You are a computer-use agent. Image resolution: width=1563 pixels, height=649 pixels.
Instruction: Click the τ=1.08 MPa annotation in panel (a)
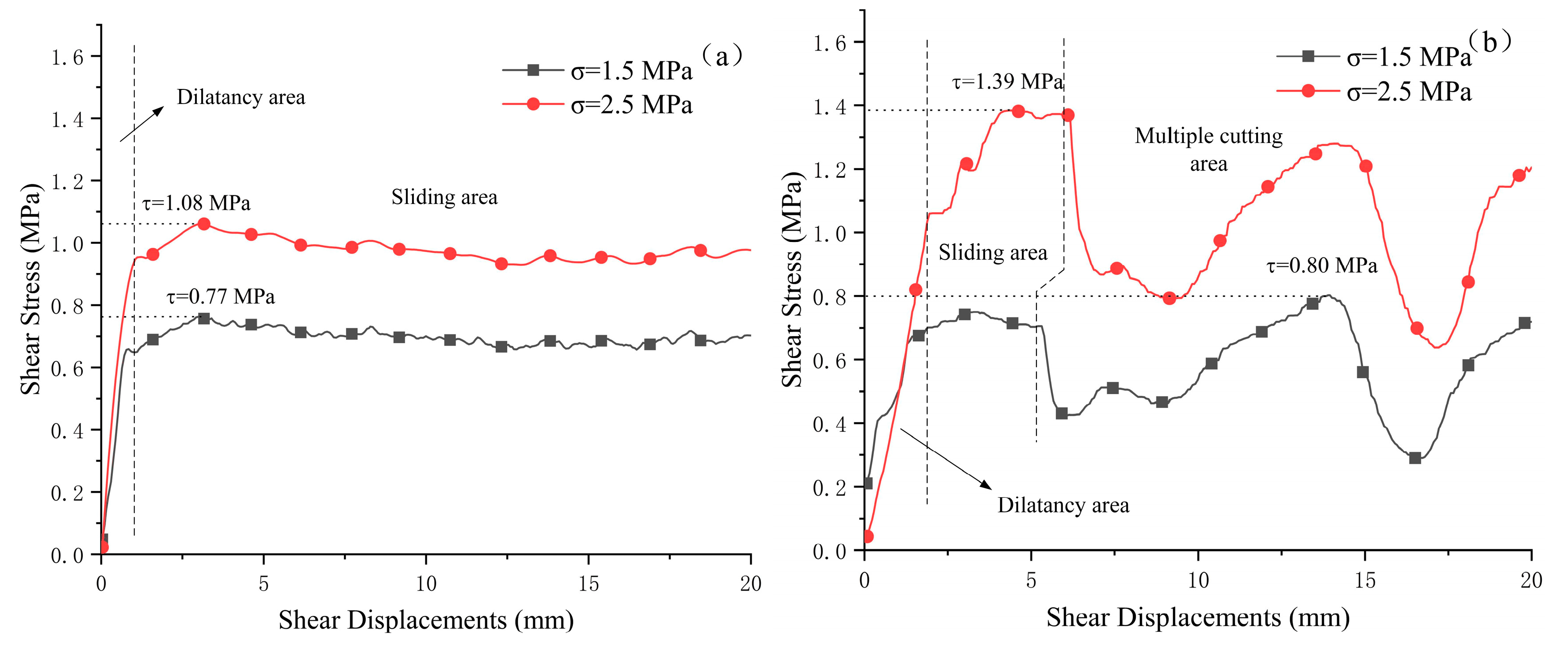(x=196, y=203)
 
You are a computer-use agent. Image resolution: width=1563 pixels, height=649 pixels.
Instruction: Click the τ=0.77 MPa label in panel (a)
(x=221, y=296)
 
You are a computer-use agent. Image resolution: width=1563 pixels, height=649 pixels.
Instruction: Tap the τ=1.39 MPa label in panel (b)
(x=1007, y=81)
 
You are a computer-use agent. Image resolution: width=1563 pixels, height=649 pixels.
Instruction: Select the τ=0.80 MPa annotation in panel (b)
(x=1322, y=265)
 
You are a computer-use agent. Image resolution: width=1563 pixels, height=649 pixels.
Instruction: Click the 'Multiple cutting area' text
(x=1209, y=150)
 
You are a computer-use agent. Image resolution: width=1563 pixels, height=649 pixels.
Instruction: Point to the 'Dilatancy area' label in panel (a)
(x=241, y=97)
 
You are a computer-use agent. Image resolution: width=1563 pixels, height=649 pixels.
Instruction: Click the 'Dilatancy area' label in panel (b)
(x=1063, y=505)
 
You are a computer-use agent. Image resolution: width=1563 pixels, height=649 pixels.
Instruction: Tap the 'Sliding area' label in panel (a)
(x=444, y=197)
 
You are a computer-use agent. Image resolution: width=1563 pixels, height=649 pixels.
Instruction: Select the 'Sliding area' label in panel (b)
(x=993, y=253)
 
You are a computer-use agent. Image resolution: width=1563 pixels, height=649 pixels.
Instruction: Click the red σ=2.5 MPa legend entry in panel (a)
(x=598, y=105)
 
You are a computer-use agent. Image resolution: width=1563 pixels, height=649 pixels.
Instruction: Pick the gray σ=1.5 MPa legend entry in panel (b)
(x=1374, y=57)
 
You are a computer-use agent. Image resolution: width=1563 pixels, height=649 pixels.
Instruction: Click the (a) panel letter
(x=722, y=57)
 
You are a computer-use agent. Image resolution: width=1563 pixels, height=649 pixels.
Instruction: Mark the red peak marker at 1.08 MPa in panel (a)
(x=204, y=224)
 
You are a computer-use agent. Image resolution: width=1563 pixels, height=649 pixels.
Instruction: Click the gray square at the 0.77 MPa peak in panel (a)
(x=204, y=319)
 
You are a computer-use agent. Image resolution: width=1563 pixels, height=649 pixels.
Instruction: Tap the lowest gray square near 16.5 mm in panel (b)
(x=1415, y=458)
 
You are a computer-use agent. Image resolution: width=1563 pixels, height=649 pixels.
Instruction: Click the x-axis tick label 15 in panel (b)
(x=1364, y=580)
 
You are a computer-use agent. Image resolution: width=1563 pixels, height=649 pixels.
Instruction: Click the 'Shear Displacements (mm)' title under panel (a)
(x=426, y=620)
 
